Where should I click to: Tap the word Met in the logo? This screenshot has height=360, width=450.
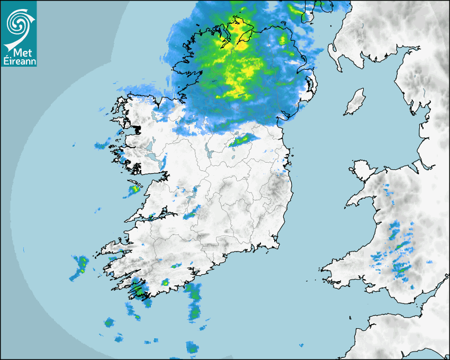(x=19, y=51)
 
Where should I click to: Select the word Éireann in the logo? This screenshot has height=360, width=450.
(x=19, y=61)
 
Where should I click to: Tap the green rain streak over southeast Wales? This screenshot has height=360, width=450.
(x=402, y=269)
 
